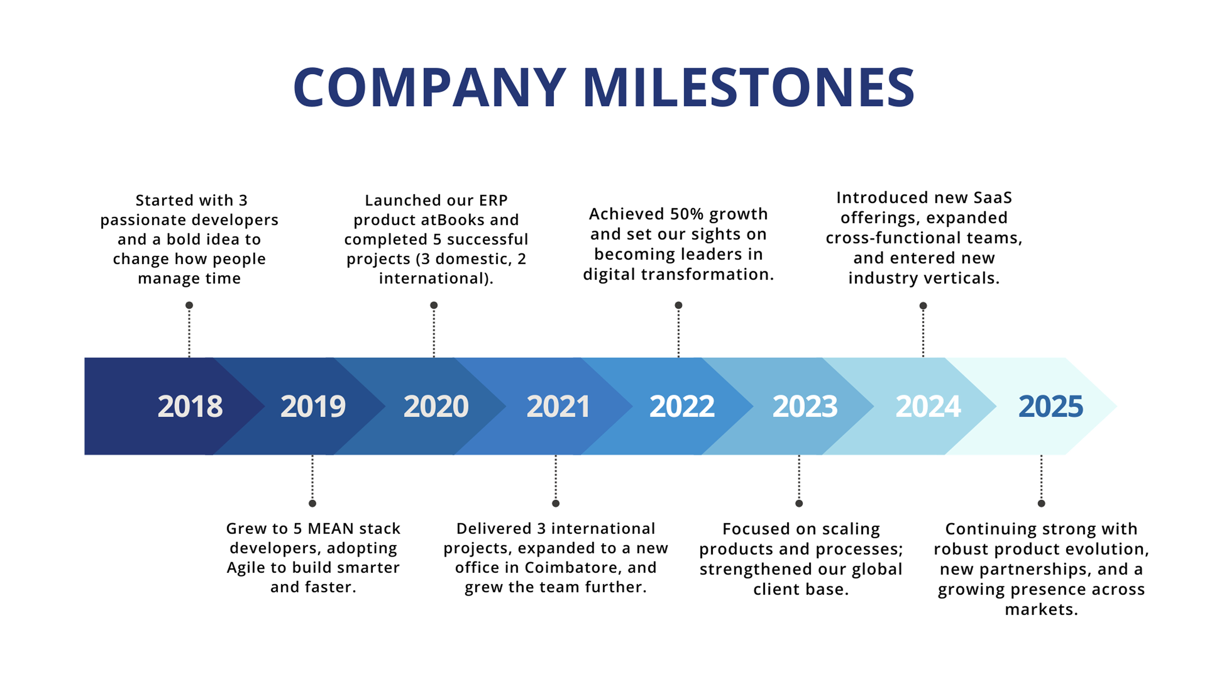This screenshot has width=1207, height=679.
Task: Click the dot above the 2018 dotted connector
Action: click(189, 305)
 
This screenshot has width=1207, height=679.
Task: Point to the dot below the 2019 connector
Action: click(313, 503)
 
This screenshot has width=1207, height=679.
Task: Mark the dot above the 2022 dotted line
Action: click(678, 305)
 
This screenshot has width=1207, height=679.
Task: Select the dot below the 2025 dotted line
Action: click(1041, 503)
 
